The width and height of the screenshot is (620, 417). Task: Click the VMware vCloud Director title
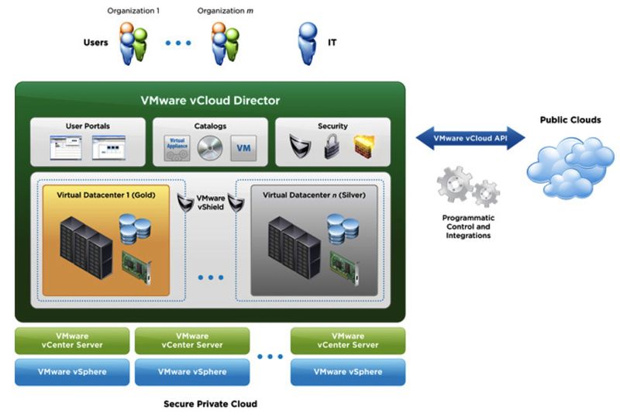(210, 101)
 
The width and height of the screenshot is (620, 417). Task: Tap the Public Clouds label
(570, 120)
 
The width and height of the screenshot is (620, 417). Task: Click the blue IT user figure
(308, 43)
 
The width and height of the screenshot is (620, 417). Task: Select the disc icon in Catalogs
(210, 147)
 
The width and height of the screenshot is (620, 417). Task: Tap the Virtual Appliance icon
(177, 147)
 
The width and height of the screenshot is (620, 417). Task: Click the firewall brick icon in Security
(363, 146)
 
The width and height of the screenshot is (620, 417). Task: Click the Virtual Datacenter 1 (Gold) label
(107, 195)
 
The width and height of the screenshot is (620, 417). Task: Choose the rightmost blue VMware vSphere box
(347, 372)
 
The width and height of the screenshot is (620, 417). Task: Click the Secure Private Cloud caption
(210, 404)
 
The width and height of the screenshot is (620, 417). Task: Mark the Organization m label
(226, 11)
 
